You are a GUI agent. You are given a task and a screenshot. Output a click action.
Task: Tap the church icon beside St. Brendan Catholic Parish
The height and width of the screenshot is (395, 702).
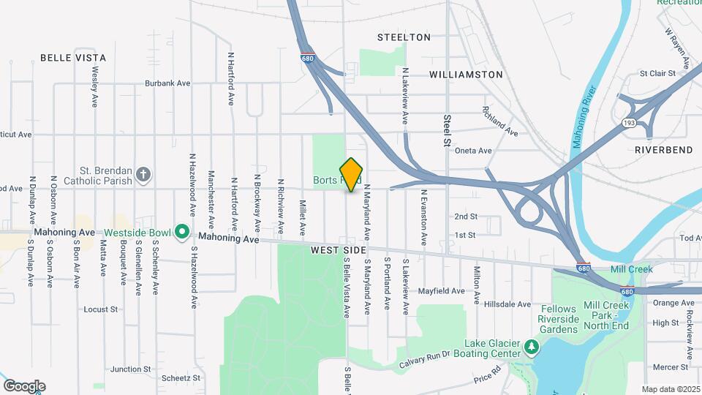pyautogui.click(x=144, y=175)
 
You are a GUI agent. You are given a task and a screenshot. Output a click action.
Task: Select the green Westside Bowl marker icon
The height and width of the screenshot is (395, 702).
pyautogui.click(x=182, y=233)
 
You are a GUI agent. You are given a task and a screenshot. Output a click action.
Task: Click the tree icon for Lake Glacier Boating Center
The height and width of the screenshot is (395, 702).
pyautogui.click(x=532, y=345)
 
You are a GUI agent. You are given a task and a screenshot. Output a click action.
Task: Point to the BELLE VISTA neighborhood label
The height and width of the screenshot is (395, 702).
pyautogui.click(x=73, y=58)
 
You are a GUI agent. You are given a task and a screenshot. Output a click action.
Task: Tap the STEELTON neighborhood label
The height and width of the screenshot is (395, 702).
pyautogui.click(x=404, y=37)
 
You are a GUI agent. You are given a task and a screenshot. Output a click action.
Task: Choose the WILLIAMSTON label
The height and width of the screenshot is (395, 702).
pyautogui.click(x=466, y=75)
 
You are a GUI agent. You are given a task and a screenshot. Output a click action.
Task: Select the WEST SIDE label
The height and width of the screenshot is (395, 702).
pyautogui.click(x=338, y=250)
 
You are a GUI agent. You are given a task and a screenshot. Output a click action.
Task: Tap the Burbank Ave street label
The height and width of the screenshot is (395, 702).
pyautogui.click(x=167, y=83)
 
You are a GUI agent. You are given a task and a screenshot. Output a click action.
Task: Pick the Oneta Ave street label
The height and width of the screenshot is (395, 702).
pyautogui.click(x=475, y=151)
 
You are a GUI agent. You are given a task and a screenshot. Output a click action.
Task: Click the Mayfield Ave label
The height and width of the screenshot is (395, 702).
pyautogui.click(x=441, y=290)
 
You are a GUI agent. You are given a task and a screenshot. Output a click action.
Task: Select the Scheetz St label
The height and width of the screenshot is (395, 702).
pyautogui.click(x=181, y=378)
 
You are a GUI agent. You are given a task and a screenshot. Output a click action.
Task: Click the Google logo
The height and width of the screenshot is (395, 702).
pyautogui.click(x=24, y=386)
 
